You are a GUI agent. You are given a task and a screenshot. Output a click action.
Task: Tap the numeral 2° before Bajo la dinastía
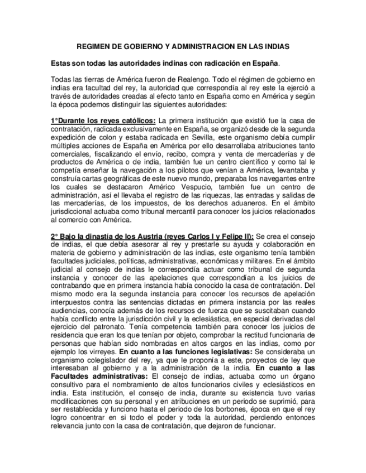point(54,236)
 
